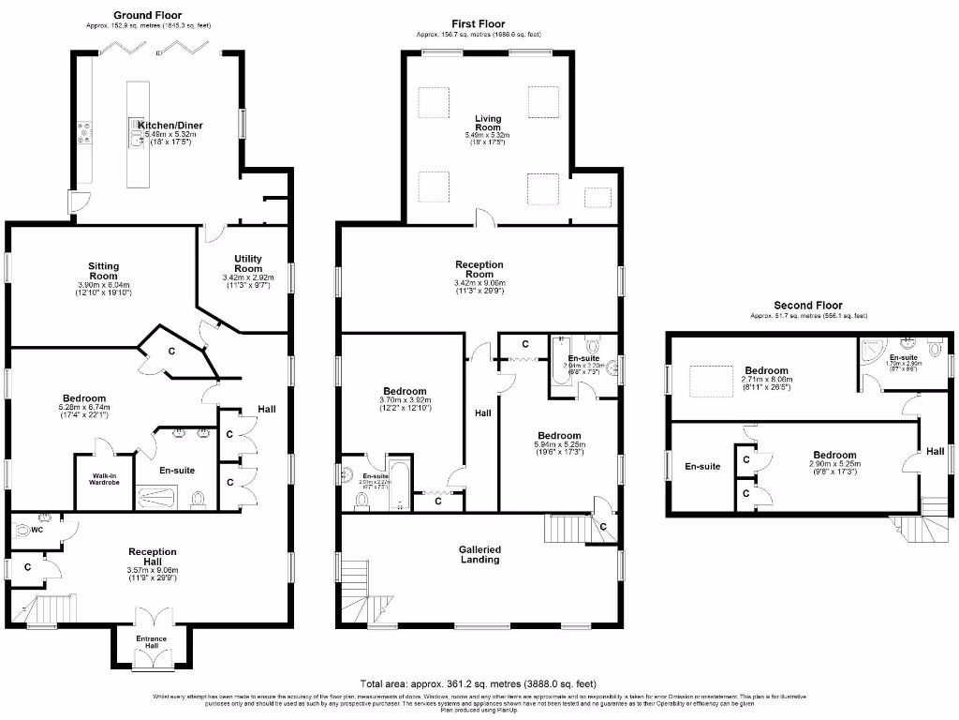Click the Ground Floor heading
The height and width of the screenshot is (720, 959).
pos(147,15)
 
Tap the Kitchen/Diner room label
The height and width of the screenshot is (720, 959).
pos(170,125)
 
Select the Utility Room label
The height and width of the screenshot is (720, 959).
pos(248,263)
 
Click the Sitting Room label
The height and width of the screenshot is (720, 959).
pos(103,271)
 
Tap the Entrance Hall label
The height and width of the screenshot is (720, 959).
pos(152,642)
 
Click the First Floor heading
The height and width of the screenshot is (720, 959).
pos(478,24)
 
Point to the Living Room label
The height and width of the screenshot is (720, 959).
pos(487,124)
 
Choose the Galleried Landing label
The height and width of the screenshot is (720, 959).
pos(479,554)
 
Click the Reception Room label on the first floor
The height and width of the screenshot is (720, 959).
pos(479,270)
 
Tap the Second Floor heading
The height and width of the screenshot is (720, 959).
pos(807,306)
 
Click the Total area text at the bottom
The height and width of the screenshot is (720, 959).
pos(478,683)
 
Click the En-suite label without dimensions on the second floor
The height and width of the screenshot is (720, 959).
pos(701,466)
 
